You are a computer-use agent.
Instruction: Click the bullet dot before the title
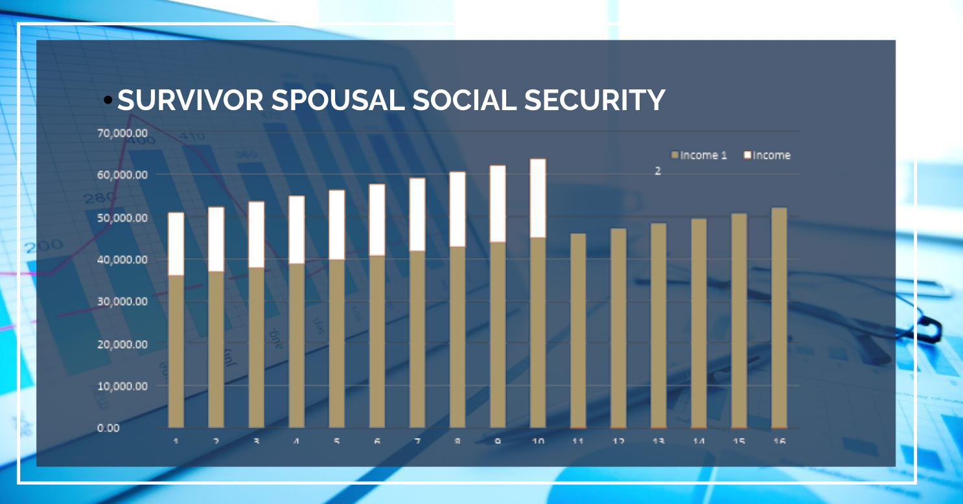tap(108, 100)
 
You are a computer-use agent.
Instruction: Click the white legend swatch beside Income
tap(747, 155)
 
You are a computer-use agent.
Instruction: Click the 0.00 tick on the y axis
tap(108, 428)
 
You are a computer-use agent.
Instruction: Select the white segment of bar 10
tap(538, 198)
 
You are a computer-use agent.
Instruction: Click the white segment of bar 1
tap(176, 244)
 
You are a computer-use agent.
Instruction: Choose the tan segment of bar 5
tap(336, 343)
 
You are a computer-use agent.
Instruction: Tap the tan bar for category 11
tap(578, 330)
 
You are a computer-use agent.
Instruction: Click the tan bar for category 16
tap(779, 317)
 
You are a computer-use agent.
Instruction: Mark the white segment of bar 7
tap(417, 214)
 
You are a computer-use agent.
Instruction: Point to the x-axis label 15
tap(739, 441)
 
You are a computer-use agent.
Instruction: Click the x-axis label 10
tap(538, 441)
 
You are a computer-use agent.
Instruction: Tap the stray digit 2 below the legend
tap(658, 172)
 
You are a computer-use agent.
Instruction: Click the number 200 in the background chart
tap(44, 246)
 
